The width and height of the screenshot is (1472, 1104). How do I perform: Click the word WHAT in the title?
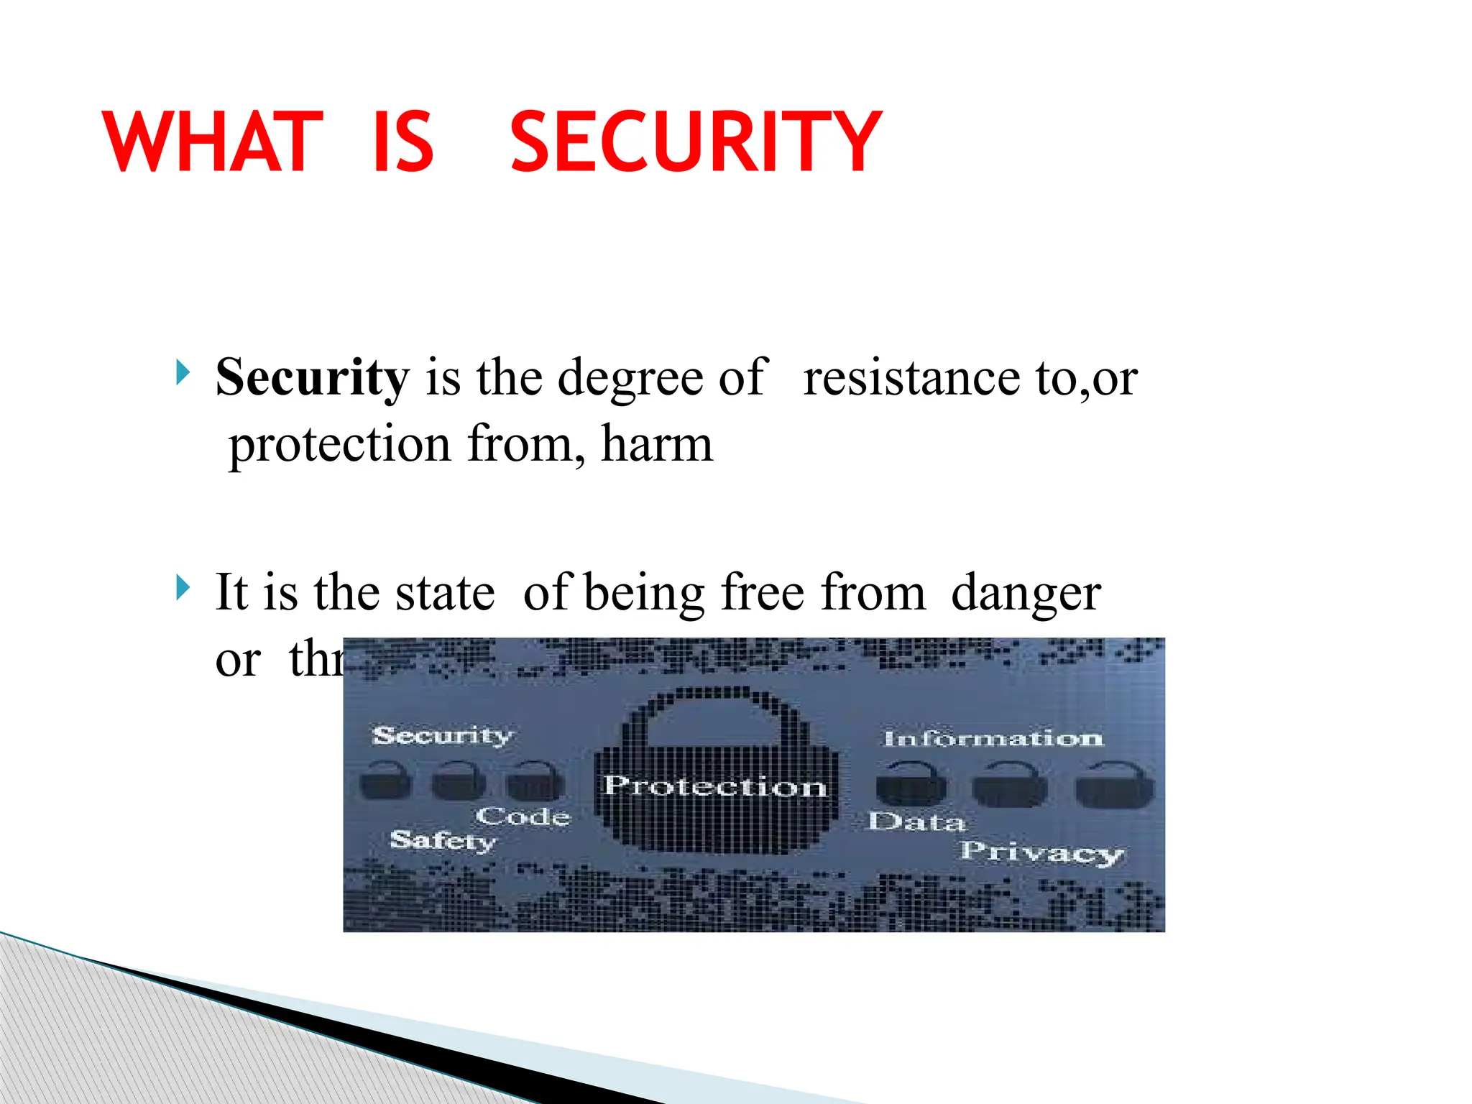tap(213, 142)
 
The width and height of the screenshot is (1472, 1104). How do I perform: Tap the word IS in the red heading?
tap(403, 142)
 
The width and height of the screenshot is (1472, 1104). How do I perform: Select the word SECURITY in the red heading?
tap(695, 142)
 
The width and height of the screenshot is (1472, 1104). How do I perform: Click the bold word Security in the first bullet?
tap(312, 378)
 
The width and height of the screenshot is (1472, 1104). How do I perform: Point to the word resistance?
tap(911, 378)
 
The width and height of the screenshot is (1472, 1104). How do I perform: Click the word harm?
tap(656, 444)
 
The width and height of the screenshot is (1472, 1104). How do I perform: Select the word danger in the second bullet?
tap(1026, 594)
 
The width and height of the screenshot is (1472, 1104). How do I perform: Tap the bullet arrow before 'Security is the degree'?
tap(183, 373)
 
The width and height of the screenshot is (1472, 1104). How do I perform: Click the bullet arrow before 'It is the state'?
tap(183, 589)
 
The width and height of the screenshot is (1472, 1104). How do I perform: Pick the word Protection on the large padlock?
tap(714, 786)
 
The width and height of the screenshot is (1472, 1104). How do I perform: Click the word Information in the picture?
tap(993, 738)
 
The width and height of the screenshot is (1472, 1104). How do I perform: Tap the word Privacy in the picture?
tap(1041, 852)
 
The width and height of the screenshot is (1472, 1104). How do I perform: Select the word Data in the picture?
tap(916, 821)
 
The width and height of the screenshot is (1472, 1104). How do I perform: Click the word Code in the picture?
tap(523, 816)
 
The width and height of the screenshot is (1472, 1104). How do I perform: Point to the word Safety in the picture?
tap(443, 840)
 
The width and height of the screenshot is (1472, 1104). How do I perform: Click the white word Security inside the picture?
tap(442, 735)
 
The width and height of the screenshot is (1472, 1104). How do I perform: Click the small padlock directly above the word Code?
tap(534, 781)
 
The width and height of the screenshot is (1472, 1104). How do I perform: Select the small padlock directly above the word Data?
tap(911, 783)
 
